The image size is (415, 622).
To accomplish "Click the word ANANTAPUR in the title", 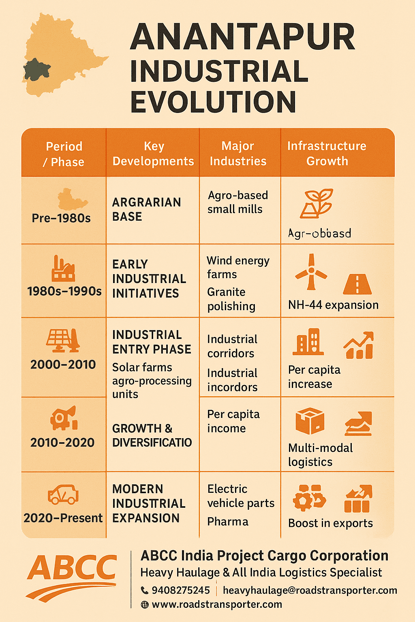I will (242, 37).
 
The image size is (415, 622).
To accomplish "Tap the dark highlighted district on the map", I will (36, 69).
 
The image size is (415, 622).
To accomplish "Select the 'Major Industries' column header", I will (238, 153).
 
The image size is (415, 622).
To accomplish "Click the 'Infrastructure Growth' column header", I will (327, 153).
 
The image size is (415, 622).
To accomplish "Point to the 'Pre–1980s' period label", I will (61, 218).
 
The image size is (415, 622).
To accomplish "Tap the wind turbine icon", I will (311, 272).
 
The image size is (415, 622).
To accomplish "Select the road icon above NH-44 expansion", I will (357, 284).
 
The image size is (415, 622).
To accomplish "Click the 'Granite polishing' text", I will (231, 299).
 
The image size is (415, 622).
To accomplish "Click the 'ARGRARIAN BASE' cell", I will (146, 209).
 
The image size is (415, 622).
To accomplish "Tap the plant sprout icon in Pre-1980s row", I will (317, 203).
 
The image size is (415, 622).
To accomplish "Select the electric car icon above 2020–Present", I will (63, 494).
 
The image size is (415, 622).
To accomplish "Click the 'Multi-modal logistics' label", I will (320, 455).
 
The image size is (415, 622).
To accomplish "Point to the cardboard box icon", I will (310, 421).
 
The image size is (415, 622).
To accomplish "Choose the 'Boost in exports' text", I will (330, 523).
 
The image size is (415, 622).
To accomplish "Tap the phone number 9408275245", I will (181, 590).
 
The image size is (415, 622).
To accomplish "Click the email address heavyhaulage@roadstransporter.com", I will (310, 590).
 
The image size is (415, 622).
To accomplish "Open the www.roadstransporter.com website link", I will (217, 605).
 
